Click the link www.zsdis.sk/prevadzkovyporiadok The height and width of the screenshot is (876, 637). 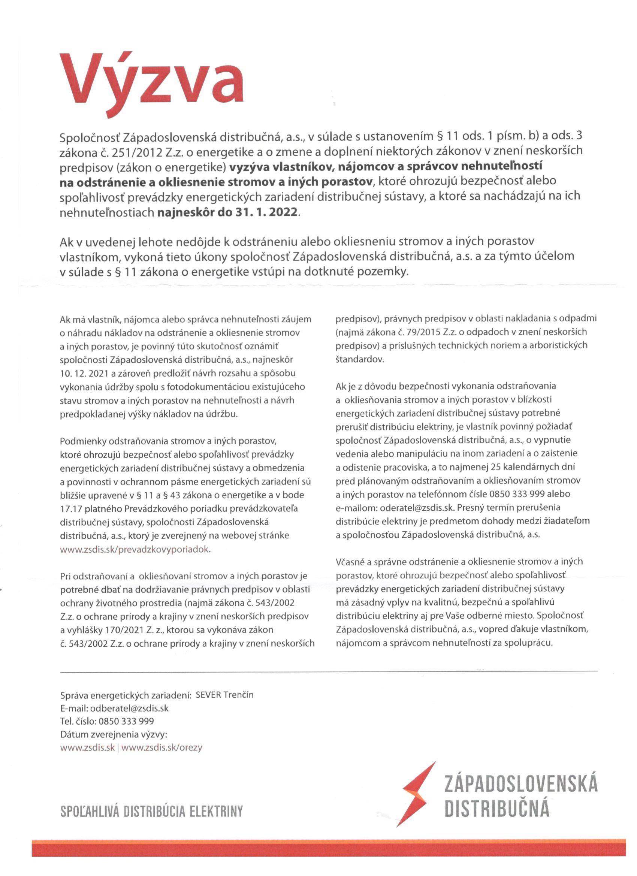tap(135, 550)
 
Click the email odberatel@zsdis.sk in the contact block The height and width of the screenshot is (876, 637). tap(129, 709)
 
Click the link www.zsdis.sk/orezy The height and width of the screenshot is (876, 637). tap(161, 747)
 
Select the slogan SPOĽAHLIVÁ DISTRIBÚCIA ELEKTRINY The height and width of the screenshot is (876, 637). tap(151, 811)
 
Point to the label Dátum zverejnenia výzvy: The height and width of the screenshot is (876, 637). tap(113, 734)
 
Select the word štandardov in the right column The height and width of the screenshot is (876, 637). tap(359, 359)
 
